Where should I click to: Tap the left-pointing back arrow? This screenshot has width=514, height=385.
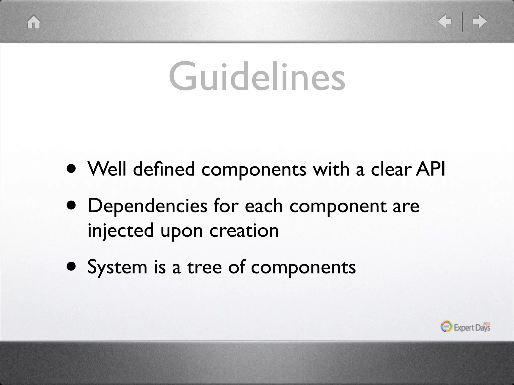point(444,21)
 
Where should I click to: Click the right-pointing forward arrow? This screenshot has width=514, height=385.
point(480,21)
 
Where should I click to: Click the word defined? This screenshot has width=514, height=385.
point(164,169)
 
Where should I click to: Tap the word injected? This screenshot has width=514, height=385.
point(120,231)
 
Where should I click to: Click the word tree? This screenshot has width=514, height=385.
point(204,267)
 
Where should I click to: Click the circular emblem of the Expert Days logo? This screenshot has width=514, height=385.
point(446,327)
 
